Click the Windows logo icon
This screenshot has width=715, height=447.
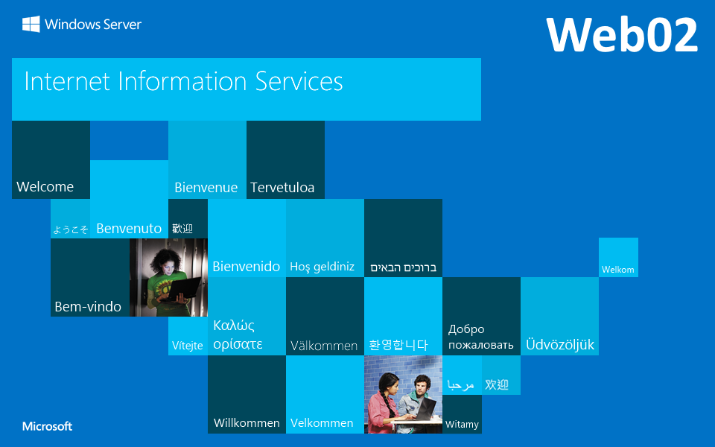[31, 24]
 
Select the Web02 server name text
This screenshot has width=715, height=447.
[622, 35]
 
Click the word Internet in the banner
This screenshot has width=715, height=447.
[68, 82]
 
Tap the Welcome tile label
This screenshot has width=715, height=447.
[45, 186]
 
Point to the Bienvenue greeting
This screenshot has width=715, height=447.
[206, 188]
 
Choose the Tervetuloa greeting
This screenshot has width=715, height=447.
[282, 188]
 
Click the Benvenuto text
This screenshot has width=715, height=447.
[129, 229]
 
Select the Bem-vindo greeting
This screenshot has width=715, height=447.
[88, 306]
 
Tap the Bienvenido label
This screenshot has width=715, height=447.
[247, 267]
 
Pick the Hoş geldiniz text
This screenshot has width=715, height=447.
[322, 267]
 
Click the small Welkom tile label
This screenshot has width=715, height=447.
[618, 270]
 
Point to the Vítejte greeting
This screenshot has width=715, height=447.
[188, 346]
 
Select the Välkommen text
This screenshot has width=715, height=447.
[324, 346]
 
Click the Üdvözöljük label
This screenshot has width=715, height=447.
[560, 344]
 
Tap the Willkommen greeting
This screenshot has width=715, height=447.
[247, 423]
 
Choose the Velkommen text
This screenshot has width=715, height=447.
[322, 423]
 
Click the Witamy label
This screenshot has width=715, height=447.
[462, 425]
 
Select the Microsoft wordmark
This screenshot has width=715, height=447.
[48, 426]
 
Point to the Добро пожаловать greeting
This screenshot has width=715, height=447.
[480, 337]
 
